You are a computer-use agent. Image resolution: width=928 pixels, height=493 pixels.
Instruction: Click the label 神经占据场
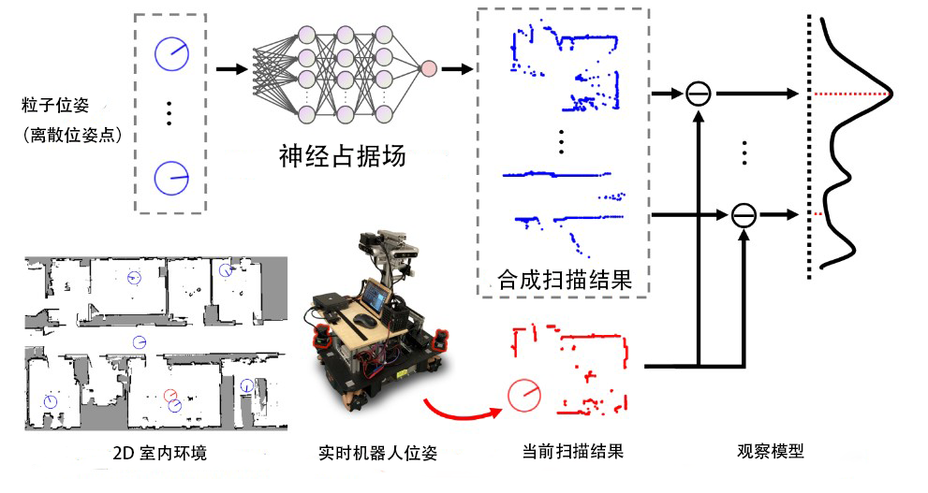(343, 156)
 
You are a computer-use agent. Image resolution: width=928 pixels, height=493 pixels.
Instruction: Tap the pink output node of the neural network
(428, 68)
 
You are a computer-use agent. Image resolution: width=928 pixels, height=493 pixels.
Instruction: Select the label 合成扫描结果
(564, 279)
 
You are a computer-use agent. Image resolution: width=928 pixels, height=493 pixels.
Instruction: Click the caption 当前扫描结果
(572, 452)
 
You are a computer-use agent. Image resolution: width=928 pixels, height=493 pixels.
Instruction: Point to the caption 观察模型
(770, 451)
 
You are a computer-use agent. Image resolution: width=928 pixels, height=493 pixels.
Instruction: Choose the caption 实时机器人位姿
(377, 454)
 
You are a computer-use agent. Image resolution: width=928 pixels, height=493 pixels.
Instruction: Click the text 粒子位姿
(54, 106)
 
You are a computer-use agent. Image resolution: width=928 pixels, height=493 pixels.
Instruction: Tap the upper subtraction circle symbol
(699, 94)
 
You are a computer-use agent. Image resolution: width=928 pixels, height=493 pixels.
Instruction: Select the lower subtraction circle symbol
(744, 214)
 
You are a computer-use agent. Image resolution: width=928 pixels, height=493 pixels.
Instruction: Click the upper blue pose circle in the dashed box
(171, 54)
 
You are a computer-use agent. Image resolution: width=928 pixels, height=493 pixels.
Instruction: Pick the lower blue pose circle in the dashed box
(171, 178)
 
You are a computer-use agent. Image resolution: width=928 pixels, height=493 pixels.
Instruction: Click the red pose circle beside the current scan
(523, 396)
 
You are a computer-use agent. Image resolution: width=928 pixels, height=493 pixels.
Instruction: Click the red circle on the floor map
(169, 395)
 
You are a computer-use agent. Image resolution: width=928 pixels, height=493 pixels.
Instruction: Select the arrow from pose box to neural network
(231, 69)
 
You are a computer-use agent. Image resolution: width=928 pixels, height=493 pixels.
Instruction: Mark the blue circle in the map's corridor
(140, 341)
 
